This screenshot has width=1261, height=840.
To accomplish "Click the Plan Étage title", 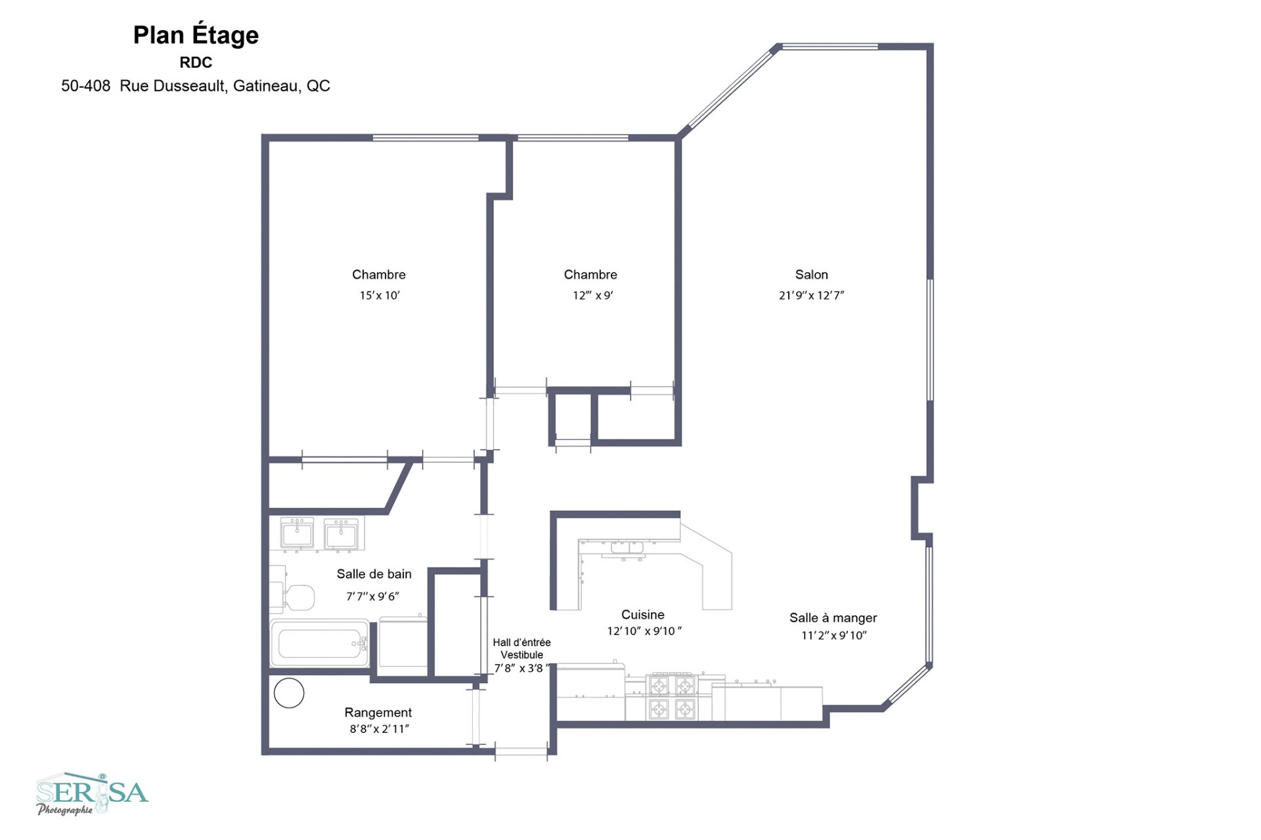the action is point(196,35).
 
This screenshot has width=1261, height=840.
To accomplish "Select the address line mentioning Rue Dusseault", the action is point(196,86).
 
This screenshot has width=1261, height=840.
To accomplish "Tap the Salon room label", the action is point(811,275).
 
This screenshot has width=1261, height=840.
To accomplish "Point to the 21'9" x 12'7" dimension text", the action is point(811,296).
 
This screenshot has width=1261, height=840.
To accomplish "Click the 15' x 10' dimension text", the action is point(380,296).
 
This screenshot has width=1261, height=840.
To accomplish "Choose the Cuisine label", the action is point(643,615).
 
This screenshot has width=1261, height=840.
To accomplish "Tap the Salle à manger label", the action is point(833,618).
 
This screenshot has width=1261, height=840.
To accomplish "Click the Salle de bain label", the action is point(374,574).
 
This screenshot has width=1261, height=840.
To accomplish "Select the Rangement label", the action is point(378,713).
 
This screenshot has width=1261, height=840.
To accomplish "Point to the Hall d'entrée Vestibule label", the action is point(522,648).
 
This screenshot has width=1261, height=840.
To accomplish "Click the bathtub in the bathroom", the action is point(321,643).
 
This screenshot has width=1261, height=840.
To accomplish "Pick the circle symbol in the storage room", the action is point(289,693).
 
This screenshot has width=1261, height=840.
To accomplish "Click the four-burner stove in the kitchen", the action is point(671,697).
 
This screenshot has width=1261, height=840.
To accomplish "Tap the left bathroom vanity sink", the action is point(297,533).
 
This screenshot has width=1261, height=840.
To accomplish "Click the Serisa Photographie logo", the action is point(92,793).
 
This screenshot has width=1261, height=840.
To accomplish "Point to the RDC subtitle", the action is point(196,62).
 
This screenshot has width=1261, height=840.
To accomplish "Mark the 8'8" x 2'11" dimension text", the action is point(380,729).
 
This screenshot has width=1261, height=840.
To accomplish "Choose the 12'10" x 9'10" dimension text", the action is point(644,631).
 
